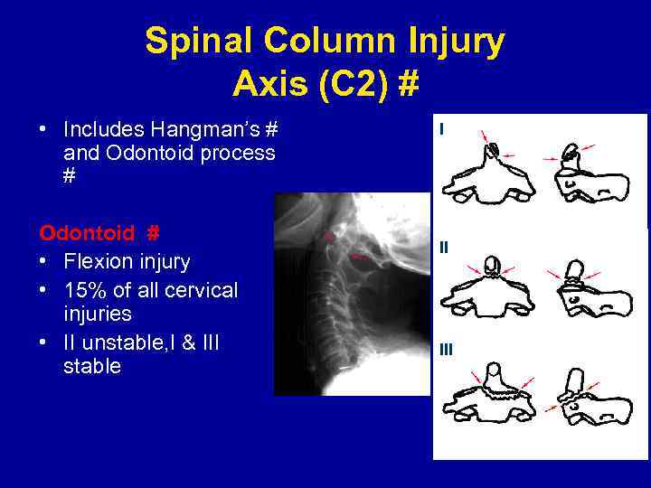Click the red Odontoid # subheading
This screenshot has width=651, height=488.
coord(99,233)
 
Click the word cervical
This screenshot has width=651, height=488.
coord(195,290)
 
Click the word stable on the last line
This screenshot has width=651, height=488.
coord(92,367)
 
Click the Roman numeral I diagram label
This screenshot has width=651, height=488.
coord(441,130)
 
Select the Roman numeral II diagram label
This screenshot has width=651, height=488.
coord(444,246)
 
